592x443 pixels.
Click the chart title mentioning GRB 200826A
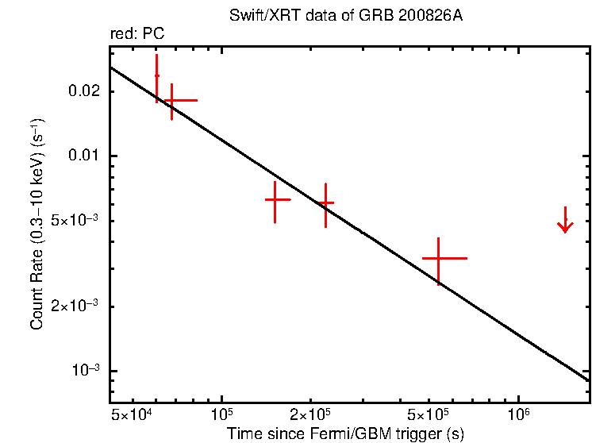pos(345,17)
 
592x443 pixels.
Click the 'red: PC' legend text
pos(137,35)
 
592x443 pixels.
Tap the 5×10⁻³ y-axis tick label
pos(75,221)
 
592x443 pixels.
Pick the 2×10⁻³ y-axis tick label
pos(75,306)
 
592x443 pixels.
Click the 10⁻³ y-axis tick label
pos(85,372)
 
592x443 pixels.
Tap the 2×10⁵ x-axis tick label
pos(310,414)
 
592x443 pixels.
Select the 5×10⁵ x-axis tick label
pos(429,414)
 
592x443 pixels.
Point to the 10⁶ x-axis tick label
pos(518,414)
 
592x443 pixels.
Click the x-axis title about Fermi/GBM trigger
pos(345,433)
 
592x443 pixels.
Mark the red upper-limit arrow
pos(564,221)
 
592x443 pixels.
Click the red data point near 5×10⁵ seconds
pos(439,258)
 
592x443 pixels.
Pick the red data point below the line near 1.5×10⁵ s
pos(275,200)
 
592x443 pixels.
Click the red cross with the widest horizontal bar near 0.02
pos(171,100)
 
